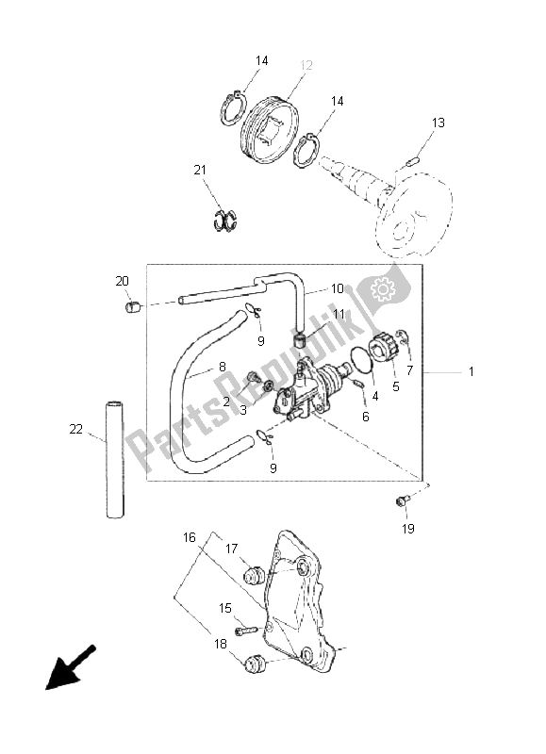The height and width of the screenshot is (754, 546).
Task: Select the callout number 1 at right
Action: pyautogui.click(x=472, y=372)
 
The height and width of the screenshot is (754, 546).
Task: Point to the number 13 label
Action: pyautogui.click(x=438, y=123)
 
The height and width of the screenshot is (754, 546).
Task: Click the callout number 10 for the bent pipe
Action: pyautogui.click(x=338, y=288)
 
